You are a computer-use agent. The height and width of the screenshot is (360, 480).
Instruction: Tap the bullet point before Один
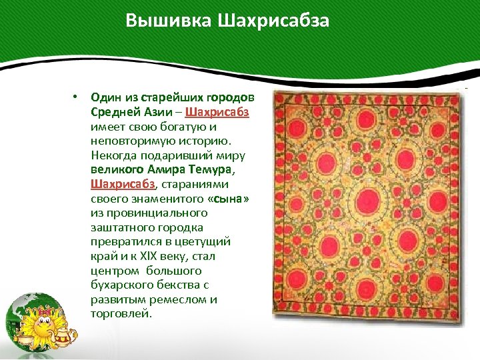[x=77, y=97]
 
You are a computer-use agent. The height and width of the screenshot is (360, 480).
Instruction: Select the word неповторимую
[x=131, y=141]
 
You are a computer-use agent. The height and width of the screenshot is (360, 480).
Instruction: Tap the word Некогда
[x=113, y=155]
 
